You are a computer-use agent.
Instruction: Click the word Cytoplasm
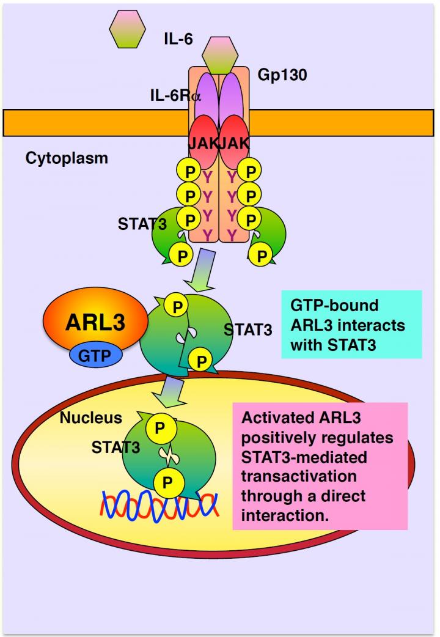[67, 158]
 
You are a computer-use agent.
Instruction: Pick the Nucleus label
[91, 418]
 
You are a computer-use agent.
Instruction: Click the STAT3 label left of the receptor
[142, 223]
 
